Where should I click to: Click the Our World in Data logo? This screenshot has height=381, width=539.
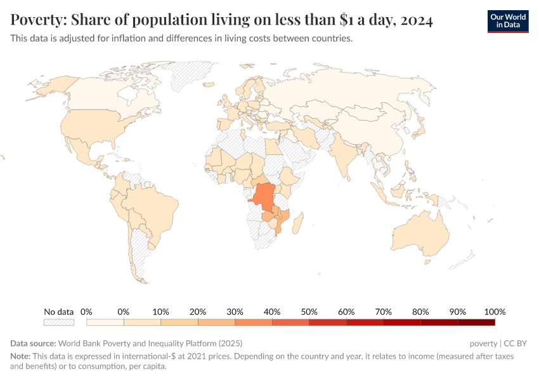(507, 21)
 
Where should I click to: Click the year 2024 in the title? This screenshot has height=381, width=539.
(417, 21)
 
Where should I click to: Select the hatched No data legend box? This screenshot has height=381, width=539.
(59, 323)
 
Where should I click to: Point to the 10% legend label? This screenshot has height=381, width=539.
(160, 312)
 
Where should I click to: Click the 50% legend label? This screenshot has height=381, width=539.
(309, 312)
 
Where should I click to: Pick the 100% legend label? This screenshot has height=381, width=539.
(494, 312)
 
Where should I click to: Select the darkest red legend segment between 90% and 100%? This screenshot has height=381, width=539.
(476, 323)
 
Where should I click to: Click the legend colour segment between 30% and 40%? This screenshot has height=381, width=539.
(254, 323)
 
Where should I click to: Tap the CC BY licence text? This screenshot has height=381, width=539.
(516, 344)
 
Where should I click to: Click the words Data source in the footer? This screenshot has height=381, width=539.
(32, 344)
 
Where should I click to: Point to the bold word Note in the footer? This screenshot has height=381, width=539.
(20, 357)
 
